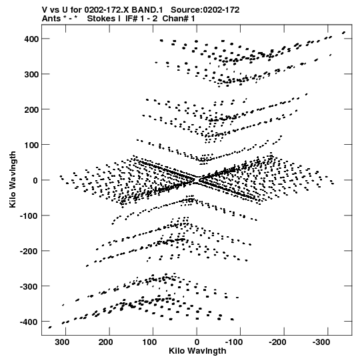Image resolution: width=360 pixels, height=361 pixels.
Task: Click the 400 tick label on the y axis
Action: click(31, 39)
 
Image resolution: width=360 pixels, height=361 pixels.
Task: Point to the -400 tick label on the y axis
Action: click(29, 322)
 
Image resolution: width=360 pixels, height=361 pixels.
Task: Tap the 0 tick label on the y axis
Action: click(35, 180)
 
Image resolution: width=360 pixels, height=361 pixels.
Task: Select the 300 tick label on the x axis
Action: click(62, 342)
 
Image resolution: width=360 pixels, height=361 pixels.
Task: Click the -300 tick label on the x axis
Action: click(321, 342)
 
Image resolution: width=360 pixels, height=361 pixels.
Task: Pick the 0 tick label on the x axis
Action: click(197, 342)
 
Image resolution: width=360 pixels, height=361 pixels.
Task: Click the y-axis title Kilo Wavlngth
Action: click(13, 179)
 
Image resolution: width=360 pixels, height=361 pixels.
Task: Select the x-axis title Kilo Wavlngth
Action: click(197, 351)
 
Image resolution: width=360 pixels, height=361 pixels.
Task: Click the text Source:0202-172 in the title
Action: click(205, 10)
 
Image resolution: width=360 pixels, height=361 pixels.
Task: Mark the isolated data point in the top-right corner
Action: click(344, 33)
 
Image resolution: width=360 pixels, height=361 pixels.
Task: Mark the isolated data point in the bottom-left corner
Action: click(50, 327)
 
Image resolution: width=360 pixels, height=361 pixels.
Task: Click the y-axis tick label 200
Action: click(31, 109)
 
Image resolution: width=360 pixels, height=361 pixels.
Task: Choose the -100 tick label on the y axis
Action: click(29, 216)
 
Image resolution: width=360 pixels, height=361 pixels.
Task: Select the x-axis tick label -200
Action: click(277, 342)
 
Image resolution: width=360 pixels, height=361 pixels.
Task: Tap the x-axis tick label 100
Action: click(149, 342)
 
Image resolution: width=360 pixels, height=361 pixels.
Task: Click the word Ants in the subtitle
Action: click(51, 19)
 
